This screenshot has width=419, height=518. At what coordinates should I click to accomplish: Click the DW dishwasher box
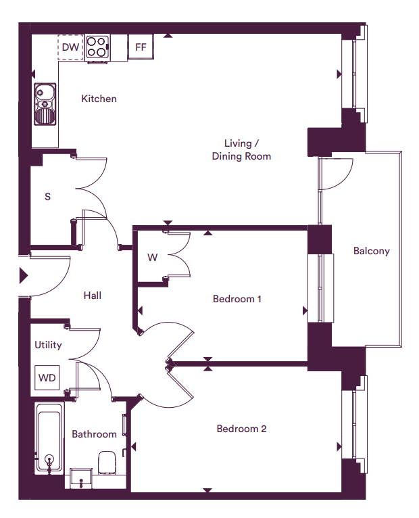coord(70,47)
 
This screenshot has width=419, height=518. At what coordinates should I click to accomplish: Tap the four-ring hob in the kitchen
coord(97,47)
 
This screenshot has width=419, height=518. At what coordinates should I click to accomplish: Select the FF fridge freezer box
coord(141,47)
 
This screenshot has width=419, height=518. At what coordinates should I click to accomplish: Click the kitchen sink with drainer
coord(45,104)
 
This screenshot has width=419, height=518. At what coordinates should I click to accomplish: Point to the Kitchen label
coord(99,99)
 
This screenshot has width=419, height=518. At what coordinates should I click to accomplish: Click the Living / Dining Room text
coord(241,149)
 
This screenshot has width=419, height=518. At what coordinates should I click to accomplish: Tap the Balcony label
coord(372,251)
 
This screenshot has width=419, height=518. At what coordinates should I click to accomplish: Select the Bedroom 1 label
coord(237,299)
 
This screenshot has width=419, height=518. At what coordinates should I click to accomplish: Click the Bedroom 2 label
coord(241,429)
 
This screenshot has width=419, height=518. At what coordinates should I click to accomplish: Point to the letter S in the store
coord(47,197)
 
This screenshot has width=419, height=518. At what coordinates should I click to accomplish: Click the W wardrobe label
coord(152,258)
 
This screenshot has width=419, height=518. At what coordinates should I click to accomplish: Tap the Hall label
coord(93,296)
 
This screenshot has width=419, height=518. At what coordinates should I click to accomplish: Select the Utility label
coord(48,345)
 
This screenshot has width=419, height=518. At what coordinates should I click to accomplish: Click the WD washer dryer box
coord(47,377)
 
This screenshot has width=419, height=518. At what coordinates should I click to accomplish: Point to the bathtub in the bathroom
coord(49,438)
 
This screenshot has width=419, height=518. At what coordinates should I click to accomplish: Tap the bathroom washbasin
coord(80,477)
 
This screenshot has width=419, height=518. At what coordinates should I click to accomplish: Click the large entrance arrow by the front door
coord(24,275)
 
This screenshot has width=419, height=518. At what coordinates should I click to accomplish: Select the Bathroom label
coord(95,434)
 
